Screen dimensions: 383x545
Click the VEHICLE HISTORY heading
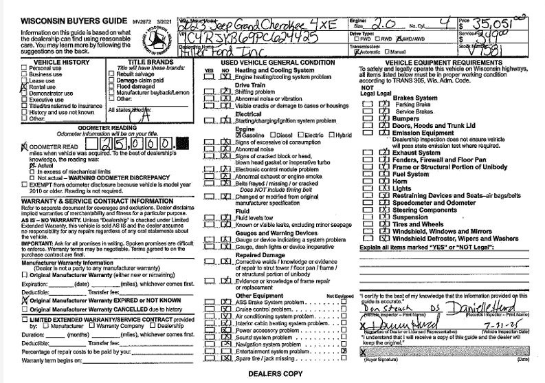pos(47,63)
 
